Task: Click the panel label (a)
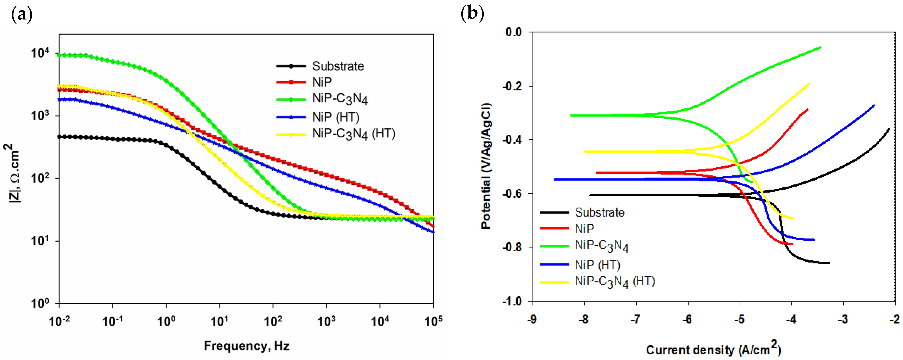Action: click(x=22, y=15)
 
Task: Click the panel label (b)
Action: click(x=472, y=14)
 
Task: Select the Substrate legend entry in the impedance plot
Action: click(x=338, y=66)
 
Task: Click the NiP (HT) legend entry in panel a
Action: click(x=335, y=117)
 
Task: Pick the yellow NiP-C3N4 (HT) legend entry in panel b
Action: click(x=615, y=282)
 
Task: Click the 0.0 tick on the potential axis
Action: click(x=513, y=32)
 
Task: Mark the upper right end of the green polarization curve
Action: click(x=821, y=47)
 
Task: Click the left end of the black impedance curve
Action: click(x=60, y=137)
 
